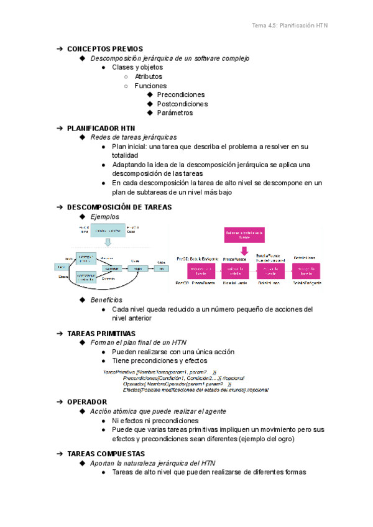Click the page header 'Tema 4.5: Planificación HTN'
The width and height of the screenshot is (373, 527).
pyautogui.click(x=289, y=25)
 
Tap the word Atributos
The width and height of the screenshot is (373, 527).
pyautogui.click(x=149, y=76)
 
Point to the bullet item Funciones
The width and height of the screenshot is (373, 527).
pyautogui.click(x=150, y=86)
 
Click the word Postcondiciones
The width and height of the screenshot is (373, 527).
pyautogui.click(x=182, y=104)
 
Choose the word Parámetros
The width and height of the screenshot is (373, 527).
pyautogui.click(x=175, y=113)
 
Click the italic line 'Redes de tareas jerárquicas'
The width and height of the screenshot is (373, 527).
pyautogui.click(x=134, y=137)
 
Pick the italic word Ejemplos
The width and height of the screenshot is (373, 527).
pyautogui.click(x=104, y=216)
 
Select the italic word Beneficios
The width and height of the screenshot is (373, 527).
pyautogui.click(x=106, y=300)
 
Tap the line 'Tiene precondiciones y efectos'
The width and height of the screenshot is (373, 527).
pyautogui.click(x=160, y=360)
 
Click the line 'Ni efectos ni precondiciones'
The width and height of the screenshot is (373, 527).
pyautogui.click(x=155, y=421)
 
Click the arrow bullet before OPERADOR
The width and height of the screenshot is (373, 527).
pyautogui.click(x=60, y=402)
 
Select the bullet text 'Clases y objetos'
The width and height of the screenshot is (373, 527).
pyautogui.click(x=137, y=67)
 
